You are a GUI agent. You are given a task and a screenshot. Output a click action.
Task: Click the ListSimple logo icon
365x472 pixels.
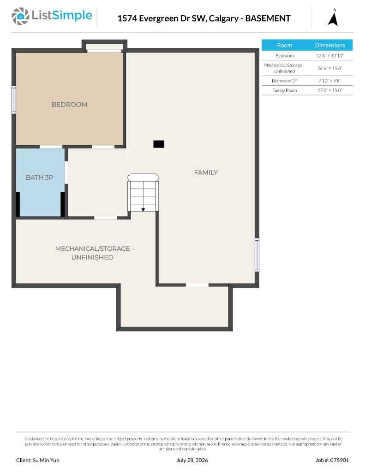[x=20, y=16]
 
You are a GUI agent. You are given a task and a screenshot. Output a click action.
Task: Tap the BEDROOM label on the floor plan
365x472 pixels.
[x=69, y=105]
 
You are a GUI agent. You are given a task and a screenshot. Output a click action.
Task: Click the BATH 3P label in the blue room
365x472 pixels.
[x=40, y=177]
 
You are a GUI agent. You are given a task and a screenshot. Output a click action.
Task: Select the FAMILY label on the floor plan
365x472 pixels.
[x=206, y=172]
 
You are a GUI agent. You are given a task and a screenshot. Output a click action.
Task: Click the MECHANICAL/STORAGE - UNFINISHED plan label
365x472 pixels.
[x=94, y=253]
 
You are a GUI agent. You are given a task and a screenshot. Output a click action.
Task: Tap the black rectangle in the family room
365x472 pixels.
[x=159, y=144]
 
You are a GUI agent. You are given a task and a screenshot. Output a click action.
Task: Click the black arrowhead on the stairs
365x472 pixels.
[x=143, y=210]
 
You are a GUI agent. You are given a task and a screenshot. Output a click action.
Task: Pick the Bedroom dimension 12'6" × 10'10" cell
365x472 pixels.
[x=330, y=56]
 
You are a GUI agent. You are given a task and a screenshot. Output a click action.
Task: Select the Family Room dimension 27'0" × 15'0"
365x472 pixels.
[x=330, y=90]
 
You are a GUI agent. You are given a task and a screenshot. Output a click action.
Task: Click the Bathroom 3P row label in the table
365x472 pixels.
[x=285, y=81]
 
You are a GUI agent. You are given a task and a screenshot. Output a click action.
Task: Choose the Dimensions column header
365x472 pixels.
[x=330, y=45]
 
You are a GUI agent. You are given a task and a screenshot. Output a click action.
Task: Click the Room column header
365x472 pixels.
[x=285, y=45]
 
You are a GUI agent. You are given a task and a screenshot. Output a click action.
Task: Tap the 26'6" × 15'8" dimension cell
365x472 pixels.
[x=330, y=68]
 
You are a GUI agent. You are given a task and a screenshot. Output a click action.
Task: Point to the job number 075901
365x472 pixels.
[x=336, y=460]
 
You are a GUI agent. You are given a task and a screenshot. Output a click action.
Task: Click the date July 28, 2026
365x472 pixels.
[x=192, y=460]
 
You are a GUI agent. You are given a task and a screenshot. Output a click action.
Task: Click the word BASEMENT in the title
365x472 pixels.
[x=268, y=18]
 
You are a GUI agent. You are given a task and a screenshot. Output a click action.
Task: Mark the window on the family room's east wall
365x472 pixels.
[x=257, y=254]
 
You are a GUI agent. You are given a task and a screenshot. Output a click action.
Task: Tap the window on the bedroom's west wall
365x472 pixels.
[x=13, y=100]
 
